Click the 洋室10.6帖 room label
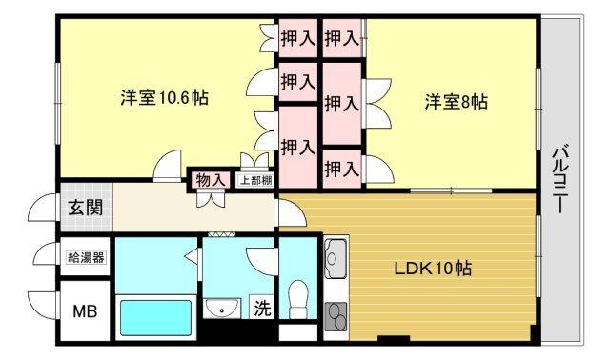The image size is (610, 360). click(164, 97)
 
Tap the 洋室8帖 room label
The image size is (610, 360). click(456, 102)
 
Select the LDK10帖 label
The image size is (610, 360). click(433, 268)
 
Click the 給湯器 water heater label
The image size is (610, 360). click(86, 256)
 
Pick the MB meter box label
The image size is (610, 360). click(86, 310)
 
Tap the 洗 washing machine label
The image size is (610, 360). click(259, 308)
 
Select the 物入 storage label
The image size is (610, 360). click(211, 180)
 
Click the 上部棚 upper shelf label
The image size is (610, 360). click(254, 180)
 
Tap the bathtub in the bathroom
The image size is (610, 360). click(154, 313)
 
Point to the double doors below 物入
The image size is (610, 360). click(210, 198)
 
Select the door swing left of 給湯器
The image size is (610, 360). click(43, 256)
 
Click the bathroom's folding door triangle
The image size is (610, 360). click(193, 256)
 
